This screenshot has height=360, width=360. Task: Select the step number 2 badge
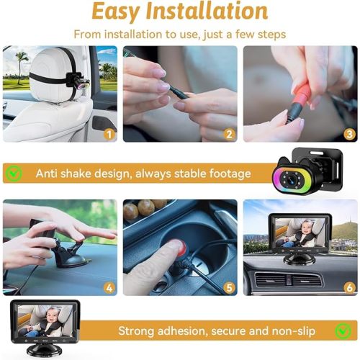tap(230, 133)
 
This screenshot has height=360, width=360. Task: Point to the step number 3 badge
tap(348, 133)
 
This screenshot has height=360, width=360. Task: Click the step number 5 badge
tap(230, 288)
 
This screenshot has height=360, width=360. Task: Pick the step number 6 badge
tap(349, 288)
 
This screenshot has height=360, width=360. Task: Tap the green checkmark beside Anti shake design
tap(14, 174)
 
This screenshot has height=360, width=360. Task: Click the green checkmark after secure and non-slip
tap(344, 330)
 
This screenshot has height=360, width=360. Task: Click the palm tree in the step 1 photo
tap(18, 66)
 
